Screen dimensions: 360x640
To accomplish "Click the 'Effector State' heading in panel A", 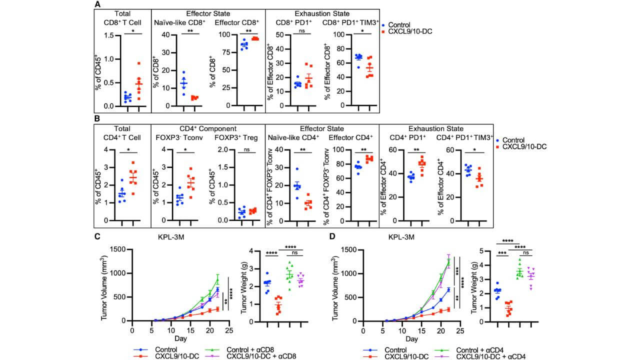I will click(x=208, y=13).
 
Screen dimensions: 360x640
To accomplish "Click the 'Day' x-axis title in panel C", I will click(x=180, y=339).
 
